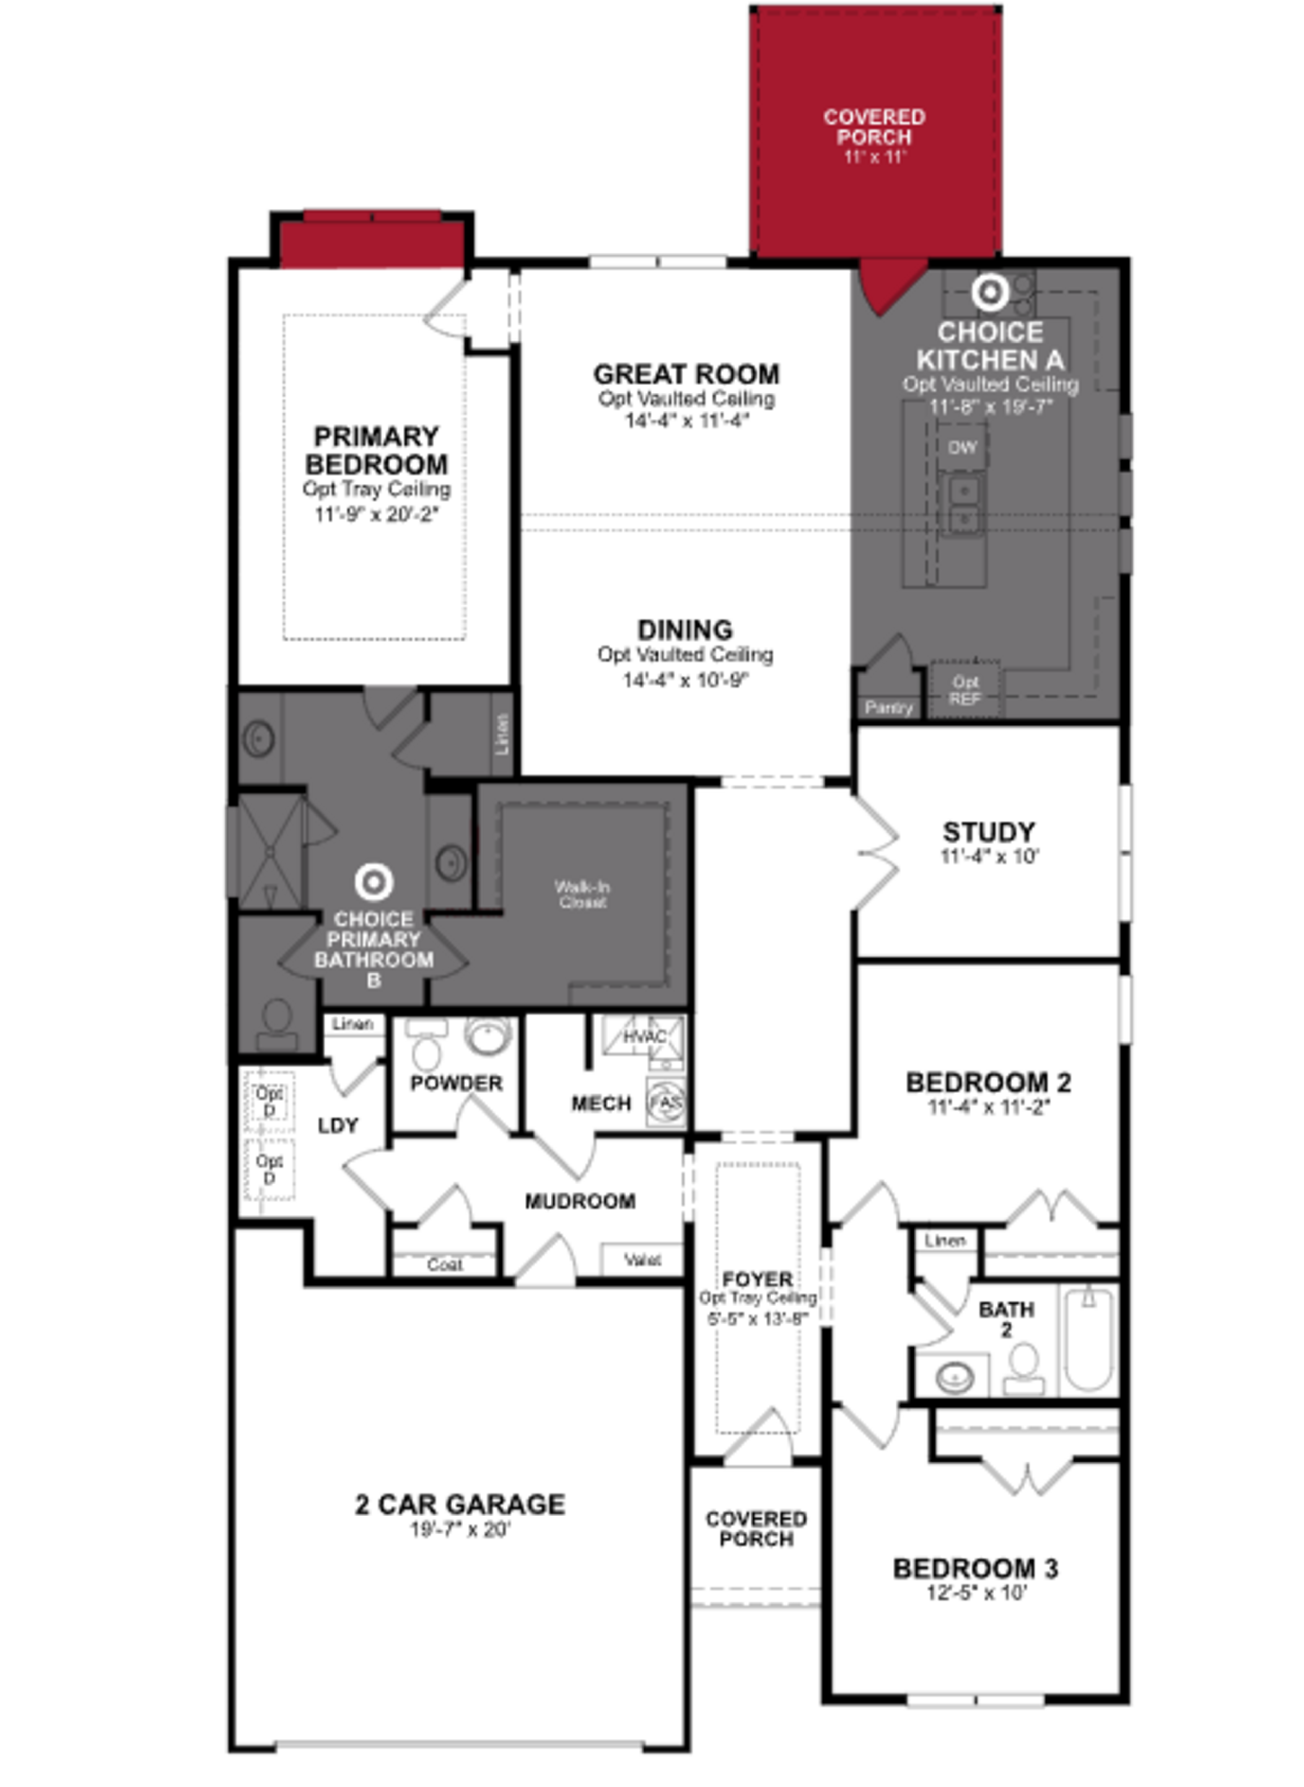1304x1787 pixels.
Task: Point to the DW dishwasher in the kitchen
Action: pos(962,448)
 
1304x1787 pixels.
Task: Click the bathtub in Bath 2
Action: pos(1088,1338)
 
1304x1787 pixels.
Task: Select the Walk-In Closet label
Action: pos(582,894)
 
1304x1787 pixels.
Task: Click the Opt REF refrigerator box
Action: pos(964,689)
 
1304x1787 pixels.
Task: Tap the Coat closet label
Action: pos(445,1264)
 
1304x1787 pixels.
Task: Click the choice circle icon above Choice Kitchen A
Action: pos(990,292)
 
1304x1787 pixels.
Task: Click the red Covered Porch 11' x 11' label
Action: pos(874,136)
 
